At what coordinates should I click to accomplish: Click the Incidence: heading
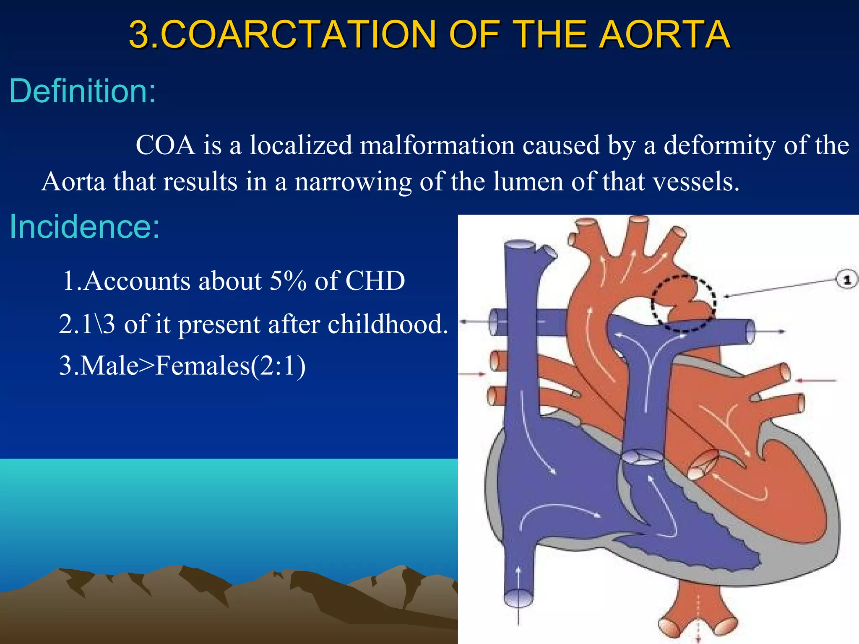click(84, 226)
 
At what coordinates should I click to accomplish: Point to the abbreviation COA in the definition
click(165, 145)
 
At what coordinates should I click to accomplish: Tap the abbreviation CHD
click(375, 280)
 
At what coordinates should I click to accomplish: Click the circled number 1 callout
click(846, 280)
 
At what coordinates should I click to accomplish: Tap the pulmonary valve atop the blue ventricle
click(641, 456)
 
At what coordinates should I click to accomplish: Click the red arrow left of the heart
click(473, 374)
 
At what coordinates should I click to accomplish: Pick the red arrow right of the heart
click(816, 381)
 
